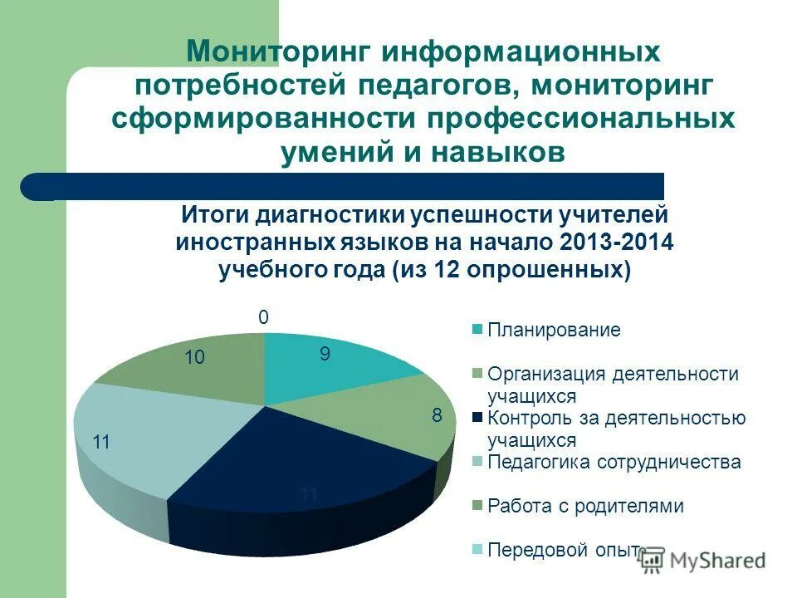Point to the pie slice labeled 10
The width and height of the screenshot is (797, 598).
tap(199, 365)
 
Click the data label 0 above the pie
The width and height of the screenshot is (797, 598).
tap(263, 317)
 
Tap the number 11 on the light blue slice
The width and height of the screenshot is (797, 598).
tap(101, 443)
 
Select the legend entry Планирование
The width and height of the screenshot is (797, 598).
tap(554, 330)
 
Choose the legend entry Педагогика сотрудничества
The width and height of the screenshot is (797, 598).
tap(614, 462)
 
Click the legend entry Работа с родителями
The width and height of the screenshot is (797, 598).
tap(585, 506)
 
